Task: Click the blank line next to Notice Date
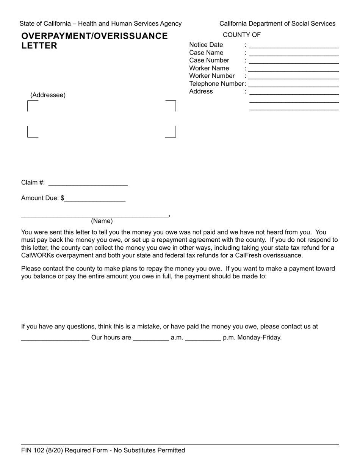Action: point(294,45)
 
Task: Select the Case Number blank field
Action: point(294,61)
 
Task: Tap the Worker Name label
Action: point(209,68)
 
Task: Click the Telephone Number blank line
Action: point(294,84)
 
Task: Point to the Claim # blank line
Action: point(88,183)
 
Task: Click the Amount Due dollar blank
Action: point(95,199)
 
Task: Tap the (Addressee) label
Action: point(48,95)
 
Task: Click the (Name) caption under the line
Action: point(102,221)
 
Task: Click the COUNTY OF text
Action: point(242,35)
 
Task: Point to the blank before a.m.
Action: point(151,338)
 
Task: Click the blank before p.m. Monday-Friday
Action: point(203,338)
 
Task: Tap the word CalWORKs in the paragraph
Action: point(38,255)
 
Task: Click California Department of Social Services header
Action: point(277,23)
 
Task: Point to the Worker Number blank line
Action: point(294,77)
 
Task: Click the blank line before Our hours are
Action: point(55,338)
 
